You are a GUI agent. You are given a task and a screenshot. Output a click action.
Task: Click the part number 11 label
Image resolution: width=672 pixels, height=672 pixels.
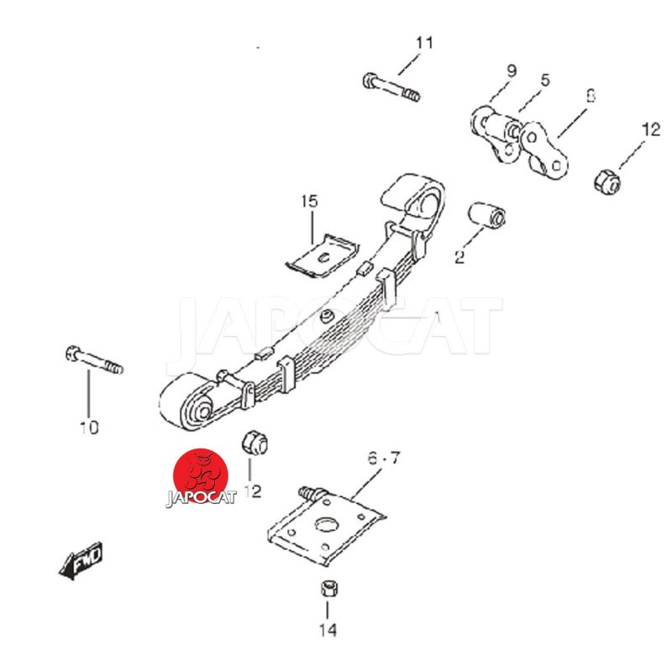click(424, 42)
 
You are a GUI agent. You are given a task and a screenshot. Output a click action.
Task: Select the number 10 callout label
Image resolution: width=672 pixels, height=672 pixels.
click(88, 428)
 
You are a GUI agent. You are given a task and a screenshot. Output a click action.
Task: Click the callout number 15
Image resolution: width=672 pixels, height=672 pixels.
click(310, 202)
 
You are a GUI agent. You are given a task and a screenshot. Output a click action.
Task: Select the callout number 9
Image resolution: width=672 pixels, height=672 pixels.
click(512, 71)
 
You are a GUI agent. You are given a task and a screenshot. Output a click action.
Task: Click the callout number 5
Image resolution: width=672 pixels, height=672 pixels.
click(545, 81)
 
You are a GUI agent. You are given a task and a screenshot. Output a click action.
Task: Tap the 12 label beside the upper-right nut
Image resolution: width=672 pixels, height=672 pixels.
click(651, 130)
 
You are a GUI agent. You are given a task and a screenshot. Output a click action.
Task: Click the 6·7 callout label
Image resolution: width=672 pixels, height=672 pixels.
click(385, 459)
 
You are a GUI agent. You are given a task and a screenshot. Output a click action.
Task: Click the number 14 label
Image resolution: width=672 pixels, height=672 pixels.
click(328, 629)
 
